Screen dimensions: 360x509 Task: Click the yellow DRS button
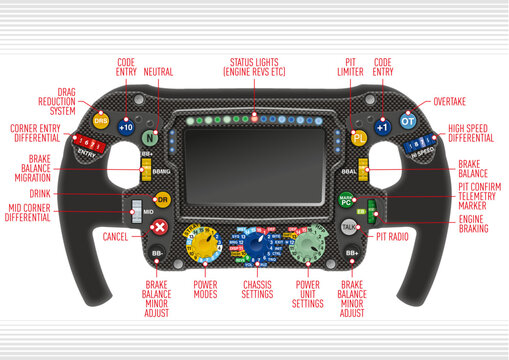tap(100, 121)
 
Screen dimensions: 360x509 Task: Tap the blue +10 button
tap(126, 127)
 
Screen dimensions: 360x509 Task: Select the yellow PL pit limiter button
tap(359, 138)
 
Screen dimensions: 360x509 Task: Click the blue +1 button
tap(382, 127)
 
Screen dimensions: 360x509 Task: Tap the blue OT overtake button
tap(408, 121)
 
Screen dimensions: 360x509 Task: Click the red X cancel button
tap(158, 228)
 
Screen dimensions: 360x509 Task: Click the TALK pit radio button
tap(349, 227)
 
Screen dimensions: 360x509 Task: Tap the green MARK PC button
tap(346, 200)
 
